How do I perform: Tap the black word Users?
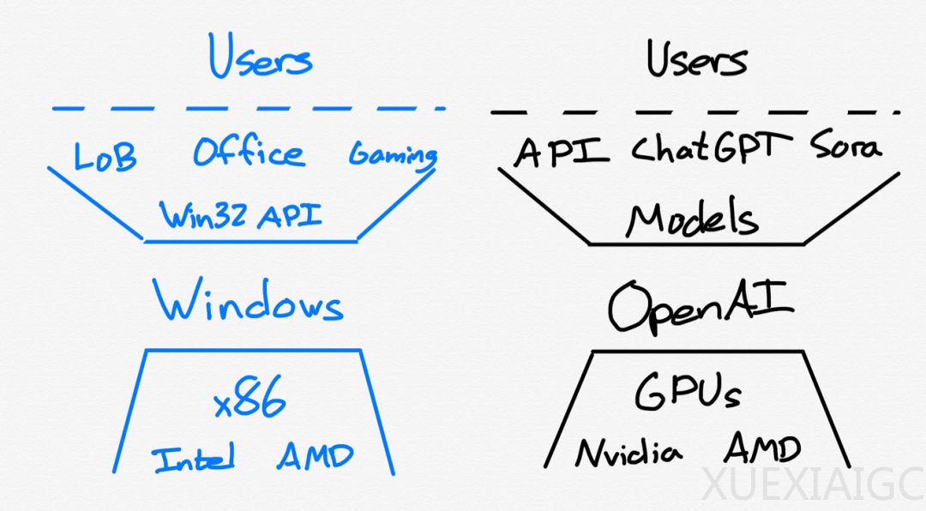(696, 60)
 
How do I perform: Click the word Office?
(248, 153)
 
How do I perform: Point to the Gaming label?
(393, 156)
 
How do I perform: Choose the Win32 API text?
(242, 213)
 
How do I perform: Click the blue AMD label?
(315, 456)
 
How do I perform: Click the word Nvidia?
(630, 452)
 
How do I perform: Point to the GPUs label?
(688, 393)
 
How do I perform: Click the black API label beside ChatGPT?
(562, 151)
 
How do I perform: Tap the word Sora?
(845, 147)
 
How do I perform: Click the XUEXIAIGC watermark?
(811, 485)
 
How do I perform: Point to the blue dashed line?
(249, 109)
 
